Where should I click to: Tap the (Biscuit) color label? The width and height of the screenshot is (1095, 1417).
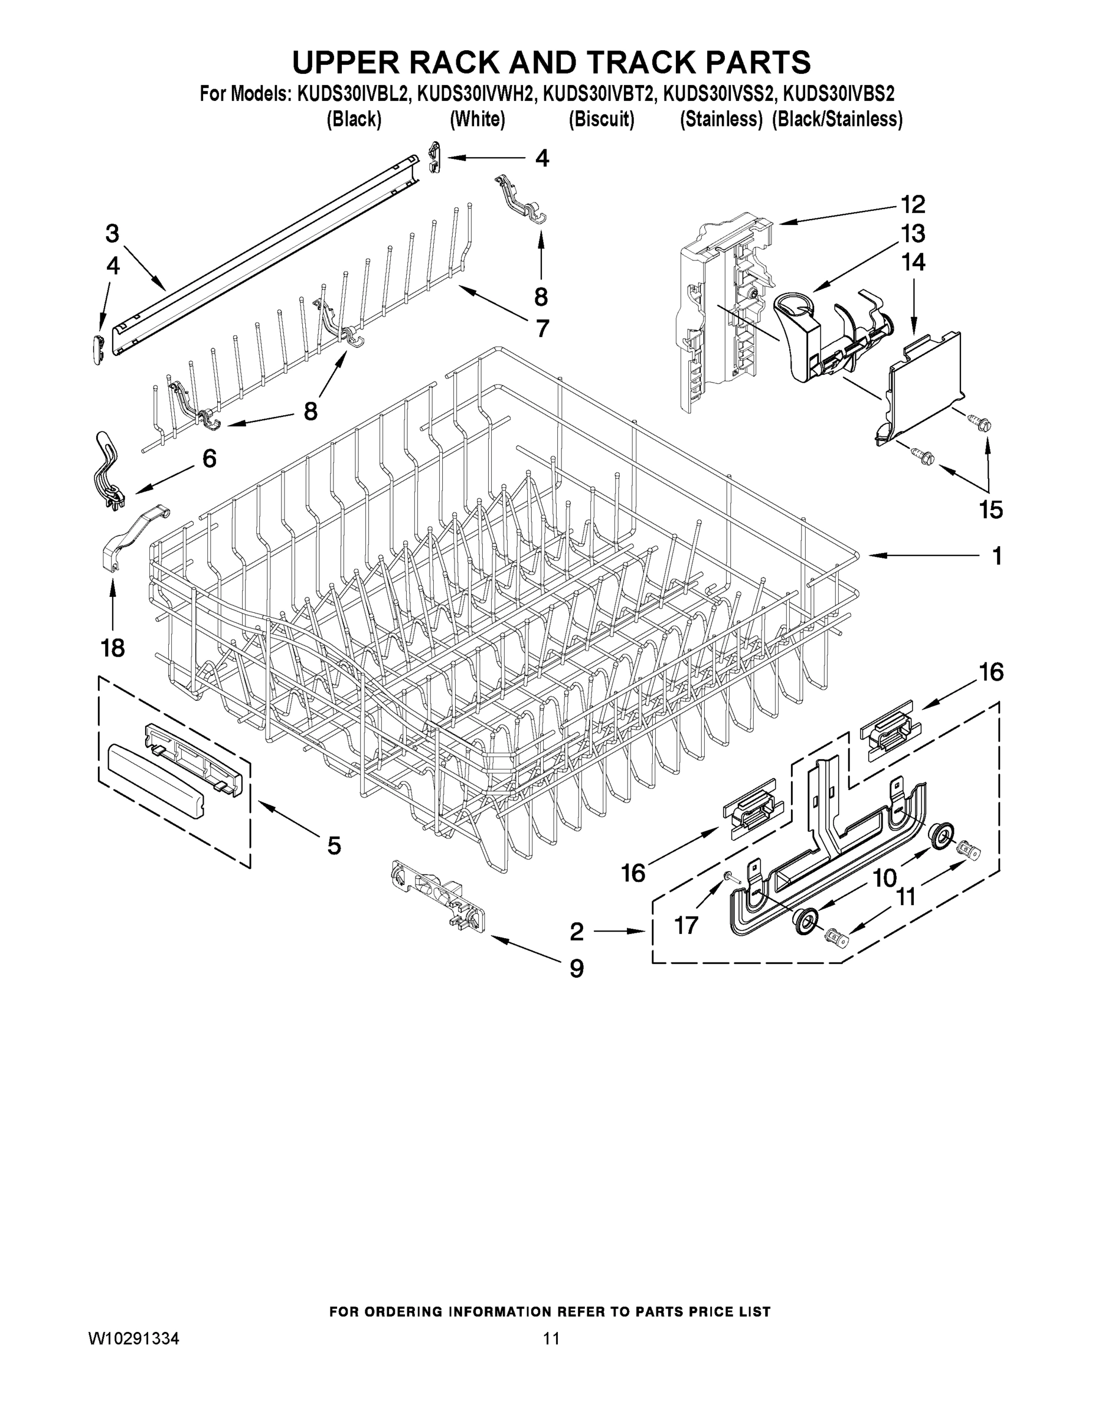[x=601, y=119]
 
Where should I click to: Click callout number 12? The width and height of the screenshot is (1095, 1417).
[x=912, y=205]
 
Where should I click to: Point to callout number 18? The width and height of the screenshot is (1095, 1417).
[x=113, y=647]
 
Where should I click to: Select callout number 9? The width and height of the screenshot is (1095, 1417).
[x=576, y=969]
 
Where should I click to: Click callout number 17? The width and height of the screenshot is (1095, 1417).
[x=687, y=925]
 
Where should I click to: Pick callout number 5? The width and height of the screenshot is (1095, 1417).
[x=334, y=845]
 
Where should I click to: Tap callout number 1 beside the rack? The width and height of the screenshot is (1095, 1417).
[x=996, y=556]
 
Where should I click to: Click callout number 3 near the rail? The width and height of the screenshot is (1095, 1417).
[x=112, y=234]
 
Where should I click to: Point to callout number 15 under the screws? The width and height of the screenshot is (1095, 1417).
[x=991, y=510]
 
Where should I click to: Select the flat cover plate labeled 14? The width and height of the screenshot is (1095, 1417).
[x=921, y=386]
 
